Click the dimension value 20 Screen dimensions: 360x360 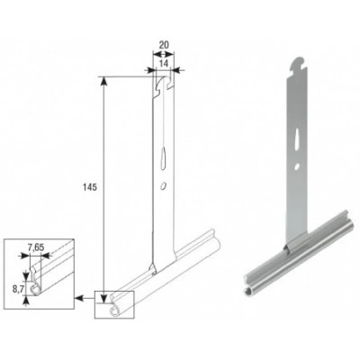[x=164, y=45]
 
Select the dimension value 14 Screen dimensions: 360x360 [x=163, y=63]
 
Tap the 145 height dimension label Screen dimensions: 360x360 [x=90, y=187]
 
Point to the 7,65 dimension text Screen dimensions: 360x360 [x=36, y=247]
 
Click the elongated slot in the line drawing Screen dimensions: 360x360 [x=164, y=158]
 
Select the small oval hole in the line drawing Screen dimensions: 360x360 [x=163, y=186]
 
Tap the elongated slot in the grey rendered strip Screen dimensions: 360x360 [x=297, y=139]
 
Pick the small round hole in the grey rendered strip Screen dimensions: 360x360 [x=297, y=166]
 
